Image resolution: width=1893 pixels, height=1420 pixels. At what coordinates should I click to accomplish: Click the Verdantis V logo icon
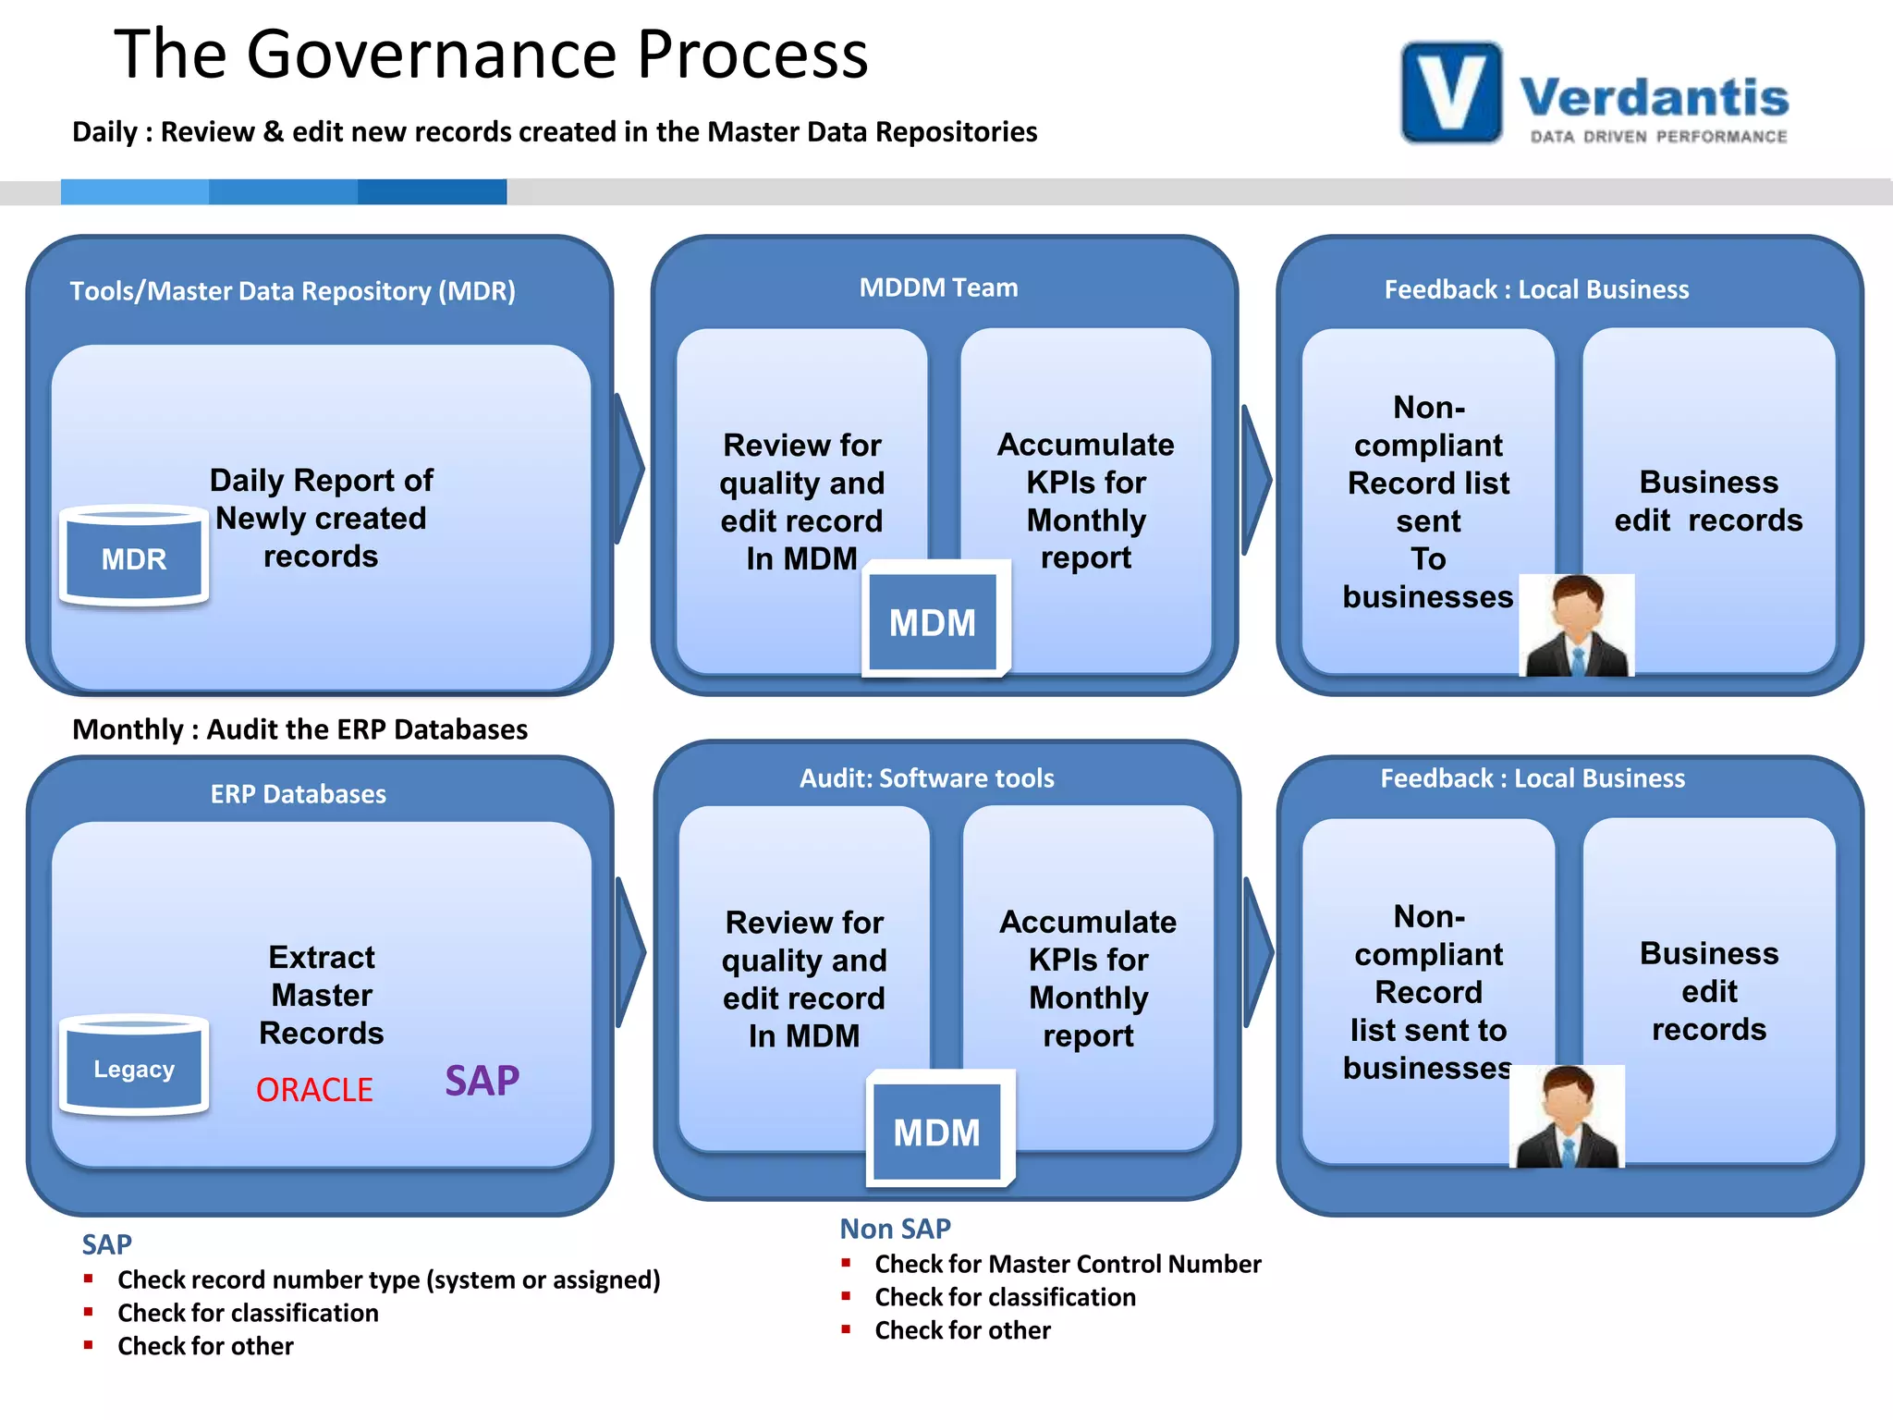point(1451,92)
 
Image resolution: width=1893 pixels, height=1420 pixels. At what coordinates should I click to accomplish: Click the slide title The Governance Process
point(491,54)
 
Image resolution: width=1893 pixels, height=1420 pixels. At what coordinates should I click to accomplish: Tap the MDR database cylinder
point(134,556)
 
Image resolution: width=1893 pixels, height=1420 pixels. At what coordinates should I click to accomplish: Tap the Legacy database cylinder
point(134,1066)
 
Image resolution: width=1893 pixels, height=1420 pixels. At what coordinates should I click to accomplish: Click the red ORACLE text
point(314,1090)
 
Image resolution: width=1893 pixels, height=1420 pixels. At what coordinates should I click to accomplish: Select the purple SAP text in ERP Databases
point(482,1080)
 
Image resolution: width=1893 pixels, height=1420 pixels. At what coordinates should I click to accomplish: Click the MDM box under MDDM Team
point(934,620)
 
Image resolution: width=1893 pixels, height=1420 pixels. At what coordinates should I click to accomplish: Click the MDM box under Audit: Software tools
point(937,1131)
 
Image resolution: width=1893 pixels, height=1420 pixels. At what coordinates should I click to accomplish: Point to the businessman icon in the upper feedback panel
point(1577,626)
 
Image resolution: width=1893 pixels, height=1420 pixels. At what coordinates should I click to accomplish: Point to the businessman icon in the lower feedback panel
point(1568,1117)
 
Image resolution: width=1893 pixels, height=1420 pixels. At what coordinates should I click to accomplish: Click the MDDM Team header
point(938,288)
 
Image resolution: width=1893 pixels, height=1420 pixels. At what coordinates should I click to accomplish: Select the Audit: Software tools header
point(926,778)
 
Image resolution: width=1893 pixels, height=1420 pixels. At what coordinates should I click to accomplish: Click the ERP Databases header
point(298,794)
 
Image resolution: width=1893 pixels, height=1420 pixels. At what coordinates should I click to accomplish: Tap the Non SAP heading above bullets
point(895,1229)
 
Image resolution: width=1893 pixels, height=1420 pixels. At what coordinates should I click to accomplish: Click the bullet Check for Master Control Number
point(1067,1264)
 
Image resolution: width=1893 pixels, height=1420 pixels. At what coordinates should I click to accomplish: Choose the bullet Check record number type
point(388,1279)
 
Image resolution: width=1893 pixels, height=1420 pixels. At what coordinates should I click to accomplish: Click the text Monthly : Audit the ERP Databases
point(299,729)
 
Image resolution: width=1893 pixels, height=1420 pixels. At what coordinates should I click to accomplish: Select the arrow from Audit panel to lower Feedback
point(1259,952)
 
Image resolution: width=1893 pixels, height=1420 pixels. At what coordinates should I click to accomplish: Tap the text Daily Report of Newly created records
point(321,518)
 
